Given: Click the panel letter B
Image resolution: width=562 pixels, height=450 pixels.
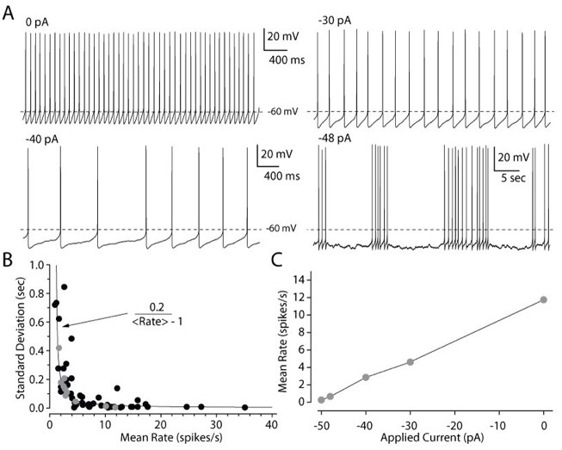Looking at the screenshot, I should coord(9,257).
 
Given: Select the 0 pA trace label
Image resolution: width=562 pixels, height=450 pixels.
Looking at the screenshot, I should coord(37,22).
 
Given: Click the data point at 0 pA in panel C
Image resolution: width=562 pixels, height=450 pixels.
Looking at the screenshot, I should coord(543,299).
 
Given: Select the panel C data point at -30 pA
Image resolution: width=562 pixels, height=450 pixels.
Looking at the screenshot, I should coord(410,362).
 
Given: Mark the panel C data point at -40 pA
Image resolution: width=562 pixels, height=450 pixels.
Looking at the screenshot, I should coord(366,377).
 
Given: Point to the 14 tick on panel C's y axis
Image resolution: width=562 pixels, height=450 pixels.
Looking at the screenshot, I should coord(300,280).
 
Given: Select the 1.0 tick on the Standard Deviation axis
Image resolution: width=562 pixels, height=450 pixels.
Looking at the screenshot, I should coord(37,265).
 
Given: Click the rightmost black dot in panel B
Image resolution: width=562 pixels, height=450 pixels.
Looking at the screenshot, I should coord(245,407).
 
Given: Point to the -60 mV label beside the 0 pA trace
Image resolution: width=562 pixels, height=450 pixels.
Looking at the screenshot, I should coord(280,112).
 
